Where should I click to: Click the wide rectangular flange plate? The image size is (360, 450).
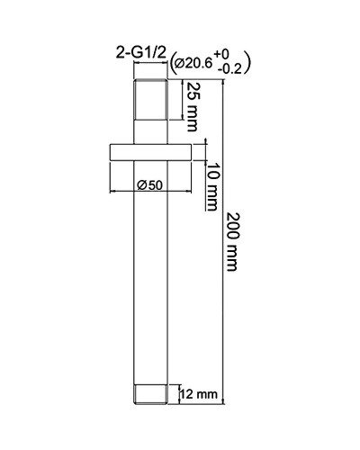click(149, 150)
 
